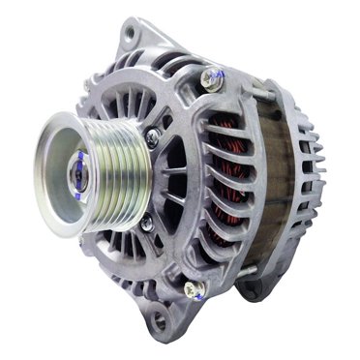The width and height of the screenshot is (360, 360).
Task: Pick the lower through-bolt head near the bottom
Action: [194, 287]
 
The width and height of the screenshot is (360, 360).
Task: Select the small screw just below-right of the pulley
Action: [146, 225]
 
